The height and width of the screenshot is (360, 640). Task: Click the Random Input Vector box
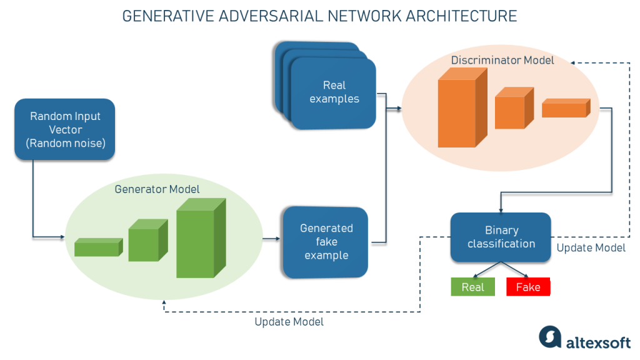pyautogui.click(x=64, y=130)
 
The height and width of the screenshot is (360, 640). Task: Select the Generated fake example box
pyautogui.click(x=325, y=242)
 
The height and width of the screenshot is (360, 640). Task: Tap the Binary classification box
pyautogui.click(x=501, y=237)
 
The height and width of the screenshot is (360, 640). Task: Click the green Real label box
pyautogui.click(x=472, y=287)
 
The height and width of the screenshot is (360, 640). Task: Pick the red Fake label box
pyautogui.click(x=528, y=287)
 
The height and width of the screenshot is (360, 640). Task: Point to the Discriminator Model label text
pyautogui.click(x=502, y=61)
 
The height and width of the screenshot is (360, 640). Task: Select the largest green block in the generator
pyautogui.click(x=199, y=241)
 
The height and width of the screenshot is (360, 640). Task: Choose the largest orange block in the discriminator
pyautogui.click(x=461, y=109)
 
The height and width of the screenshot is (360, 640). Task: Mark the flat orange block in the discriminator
pyautogui.click(x=565, y=109)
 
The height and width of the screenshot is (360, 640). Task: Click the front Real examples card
pyautogui.click(x=334, y=92)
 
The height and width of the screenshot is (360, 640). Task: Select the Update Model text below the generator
pyautogui.click(x=289, y=322)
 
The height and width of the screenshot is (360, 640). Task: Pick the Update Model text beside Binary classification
pyautogui.click(x=591, y=247)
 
